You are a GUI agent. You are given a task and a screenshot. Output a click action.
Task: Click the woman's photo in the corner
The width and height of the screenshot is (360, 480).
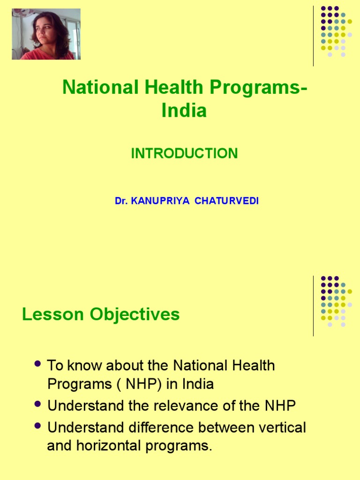(x=46, y=34)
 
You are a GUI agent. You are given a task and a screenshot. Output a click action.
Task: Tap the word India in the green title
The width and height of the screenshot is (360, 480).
(x=184, y=111)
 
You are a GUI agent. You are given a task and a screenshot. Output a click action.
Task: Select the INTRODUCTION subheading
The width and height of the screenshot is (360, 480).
(x=184, y=153)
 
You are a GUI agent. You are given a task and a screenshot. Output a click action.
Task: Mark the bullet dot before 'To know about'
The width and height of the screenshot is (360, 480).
(x=39, y=364)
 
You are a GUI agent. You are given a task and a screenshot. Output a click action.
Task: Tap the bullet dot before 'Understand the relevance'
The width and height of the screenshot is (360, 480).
(x=39, y=405)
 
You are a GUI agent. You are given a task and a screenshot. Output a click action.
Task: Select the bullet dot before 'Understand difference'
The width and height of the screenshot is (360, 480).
(x=39, y=426)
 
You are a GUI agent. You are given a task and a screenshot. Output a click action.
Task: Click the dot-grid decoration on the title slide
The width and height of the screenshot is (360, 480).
(x=336, y=31)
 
